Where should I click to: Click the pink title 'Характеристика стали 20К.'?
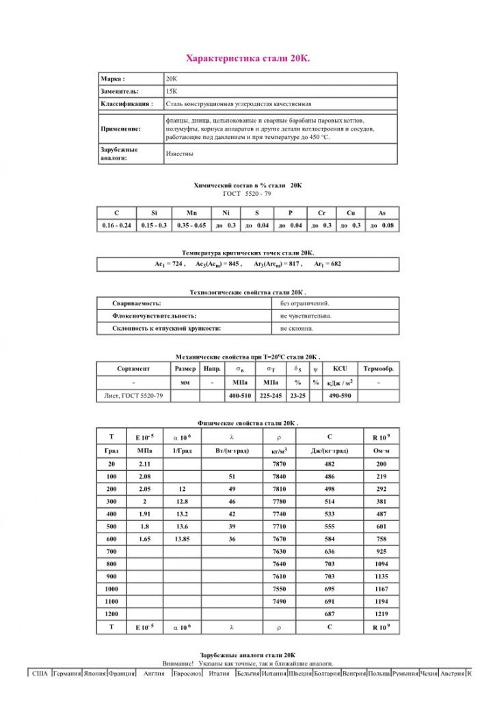click(247, 60)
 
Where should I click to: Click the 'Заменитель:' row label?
click(120, 91)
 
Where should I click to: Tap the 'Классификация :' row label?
click(126, 104)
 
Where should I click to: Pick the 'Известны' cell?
click(179, 153)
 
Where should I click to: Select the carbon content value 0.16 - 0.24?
click(117, 225)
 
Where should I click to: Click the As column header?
click(382, 214)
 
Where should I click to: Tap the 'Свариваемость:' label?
click(136, 303)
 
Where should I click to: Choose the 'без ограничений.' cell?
click(305, 303)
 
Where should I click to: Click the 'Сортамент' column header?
click(133, 368)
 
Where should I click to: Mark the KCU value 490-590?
click(340, 395)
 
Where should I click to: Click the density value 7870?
click(279, 463)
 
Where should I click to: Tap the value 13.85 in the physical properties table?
click(182, 539)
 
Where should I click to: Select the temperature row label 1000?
click(111, 589)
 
